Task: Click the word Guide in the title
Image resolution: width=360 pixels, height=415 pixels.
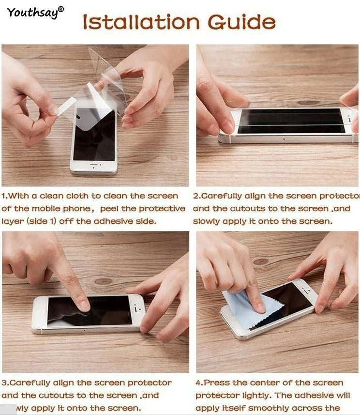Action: point(241,22)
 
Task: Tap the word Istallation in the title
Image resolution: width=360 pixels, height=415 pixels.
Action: point(140,22)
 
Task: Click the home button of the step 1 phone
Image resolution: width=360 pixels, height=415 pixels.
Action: point(93,166)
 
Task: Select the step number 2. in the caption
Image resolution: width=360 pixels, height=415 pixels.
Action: point(196,196)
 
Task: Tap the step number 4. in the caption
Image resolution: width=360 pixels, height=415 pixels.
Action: point(199,383)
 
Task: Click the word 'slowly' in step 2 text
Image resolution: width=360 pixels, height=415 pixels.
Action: point(206,221)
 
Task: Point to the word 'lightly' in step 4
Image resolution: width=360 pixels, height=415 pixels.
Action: point(252,395)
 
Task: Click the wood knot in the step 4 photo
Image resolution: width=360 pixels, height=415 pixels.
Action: point(261,261)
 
